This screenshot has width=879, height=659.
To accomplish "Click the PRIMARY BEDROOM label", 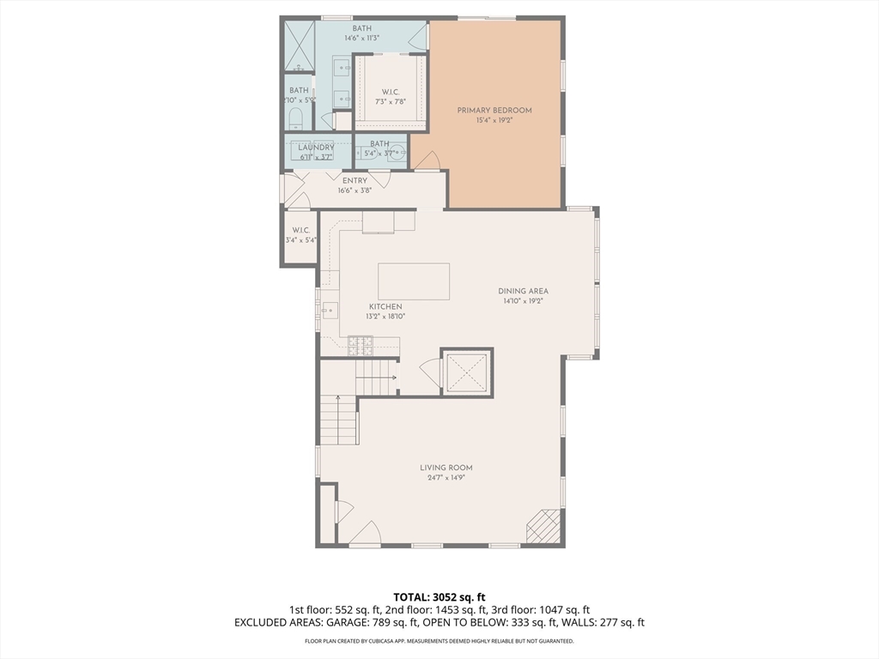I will coord(494,110).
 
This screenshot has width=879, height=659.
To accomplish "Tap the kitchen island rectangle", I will coord(414,281).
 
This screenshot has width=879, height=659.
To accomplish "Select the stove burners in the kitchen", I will coord(361,346).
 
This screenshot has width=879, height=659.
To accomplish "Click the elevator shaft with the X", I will coord(467,372).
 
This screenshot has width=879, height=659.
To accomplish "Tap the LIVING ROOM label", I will coord(446,468).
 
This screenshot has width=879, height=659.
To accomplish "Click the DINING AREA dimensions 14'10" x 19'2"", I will coord(523,301).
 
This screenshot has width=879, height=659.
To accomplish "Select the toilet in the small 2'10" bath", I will coord(294,118).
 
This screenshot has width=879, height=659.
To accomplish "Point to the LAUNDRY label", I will coord(316,148).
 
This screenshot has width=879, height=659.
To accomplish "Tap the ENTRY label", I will coord(355,180).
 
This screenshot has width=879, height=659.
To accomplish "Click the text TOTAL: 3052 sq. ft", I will coord(439,596).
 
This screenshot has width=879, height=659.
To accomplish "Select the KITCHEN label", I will coord(385,306).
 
